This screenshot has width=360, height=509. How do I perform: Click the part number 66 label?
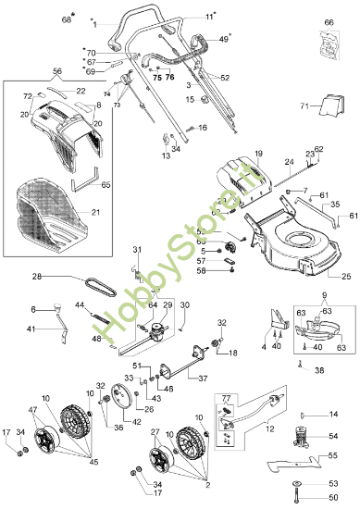click(x=329, y=21)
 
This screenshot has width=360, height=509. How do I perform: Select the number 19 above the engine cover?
click(x=258, y=153)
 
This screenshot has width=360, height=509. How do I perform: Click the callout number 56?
click(x=56, y=70)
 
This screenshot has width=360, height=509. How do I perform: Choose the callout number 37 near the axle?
click(x=203, y=379)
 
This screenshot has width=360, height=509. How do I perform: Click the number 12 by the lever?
click(x=269, y=429)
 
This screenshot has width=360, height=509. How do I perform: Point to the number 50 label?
click(x=335, y=499)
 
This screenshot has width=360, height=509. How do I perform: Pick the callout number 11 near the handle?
click(x=208, y=17)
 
